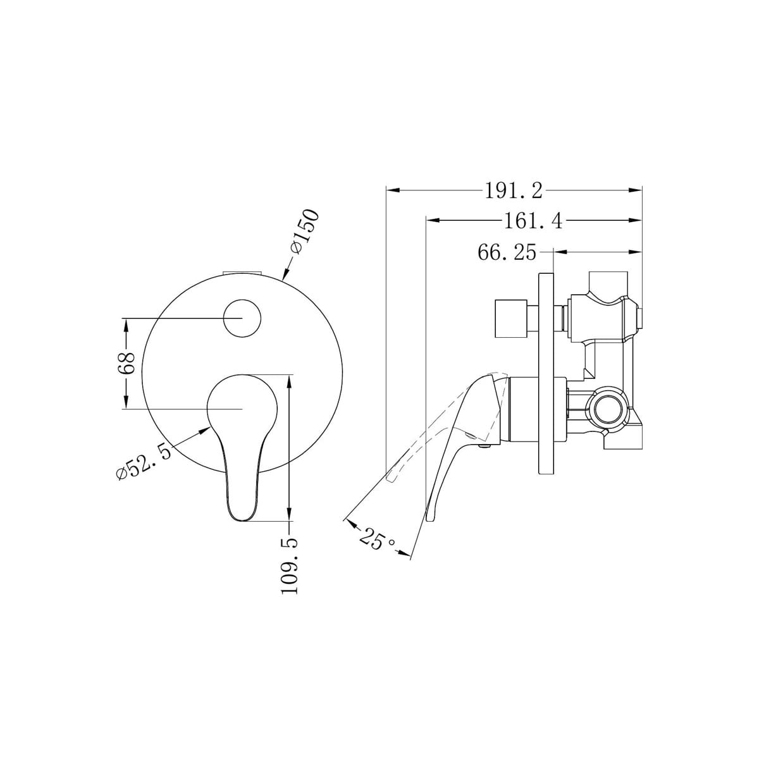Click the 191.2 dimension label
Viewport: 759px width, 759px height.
pyautogui.click(x=513, y=191)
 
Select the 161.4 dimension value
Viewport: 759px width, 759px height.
pyautogui.click(x=533, y=221)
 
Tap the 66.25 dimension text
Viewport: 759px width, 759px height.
pyautogui.click(x=507, y=252)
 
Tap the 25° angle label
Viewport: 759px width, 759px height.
pyautogui.click(x=377, y=539)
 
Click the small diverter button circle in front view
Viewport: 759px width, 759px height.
pyautogui.click(x=242, y=318)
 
